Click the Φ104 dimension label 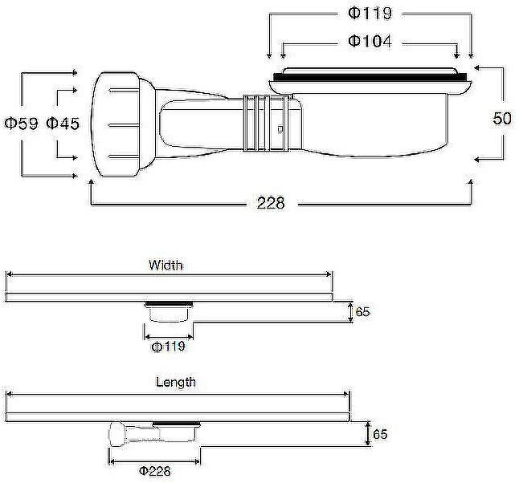(370, 42)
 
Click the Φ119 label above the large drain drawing (370, 13)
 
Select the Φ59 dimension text (21, 124)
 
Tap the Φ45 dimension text (63, 124)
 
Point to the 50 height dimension (502, 119)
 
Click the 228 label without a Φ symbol (271, 203)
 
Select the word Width (166, 265)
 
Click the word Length (176, 382)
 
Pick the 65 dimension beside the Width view (362, 312)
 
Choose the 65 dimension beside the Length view (380, 434)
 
